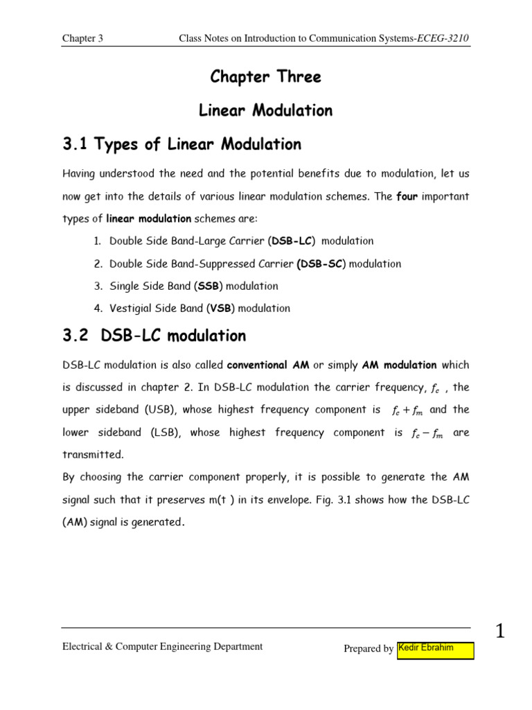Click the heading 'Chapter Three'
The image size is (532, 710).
click(265, 77)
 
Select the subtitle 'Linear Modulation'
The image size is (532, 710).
click(265, 110)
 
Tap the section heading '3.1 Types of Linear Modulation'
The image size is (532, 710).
click(182, 144)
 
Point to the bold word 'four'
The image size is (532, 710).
click(407, 196)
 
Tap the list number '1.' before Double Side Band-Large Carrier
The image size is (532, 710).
click(97, 241)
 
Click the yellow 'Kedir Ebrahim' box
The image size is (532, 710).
click(436, 650)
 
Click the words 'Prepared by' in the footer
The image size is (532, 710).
click(369, 649)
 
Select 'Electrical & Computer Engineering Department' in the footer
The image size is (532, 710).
click(163, 646)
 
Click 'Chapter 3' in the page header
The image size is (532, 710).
click(82, 39)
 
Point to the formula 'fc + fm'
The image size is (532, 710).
click(406, 410)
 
